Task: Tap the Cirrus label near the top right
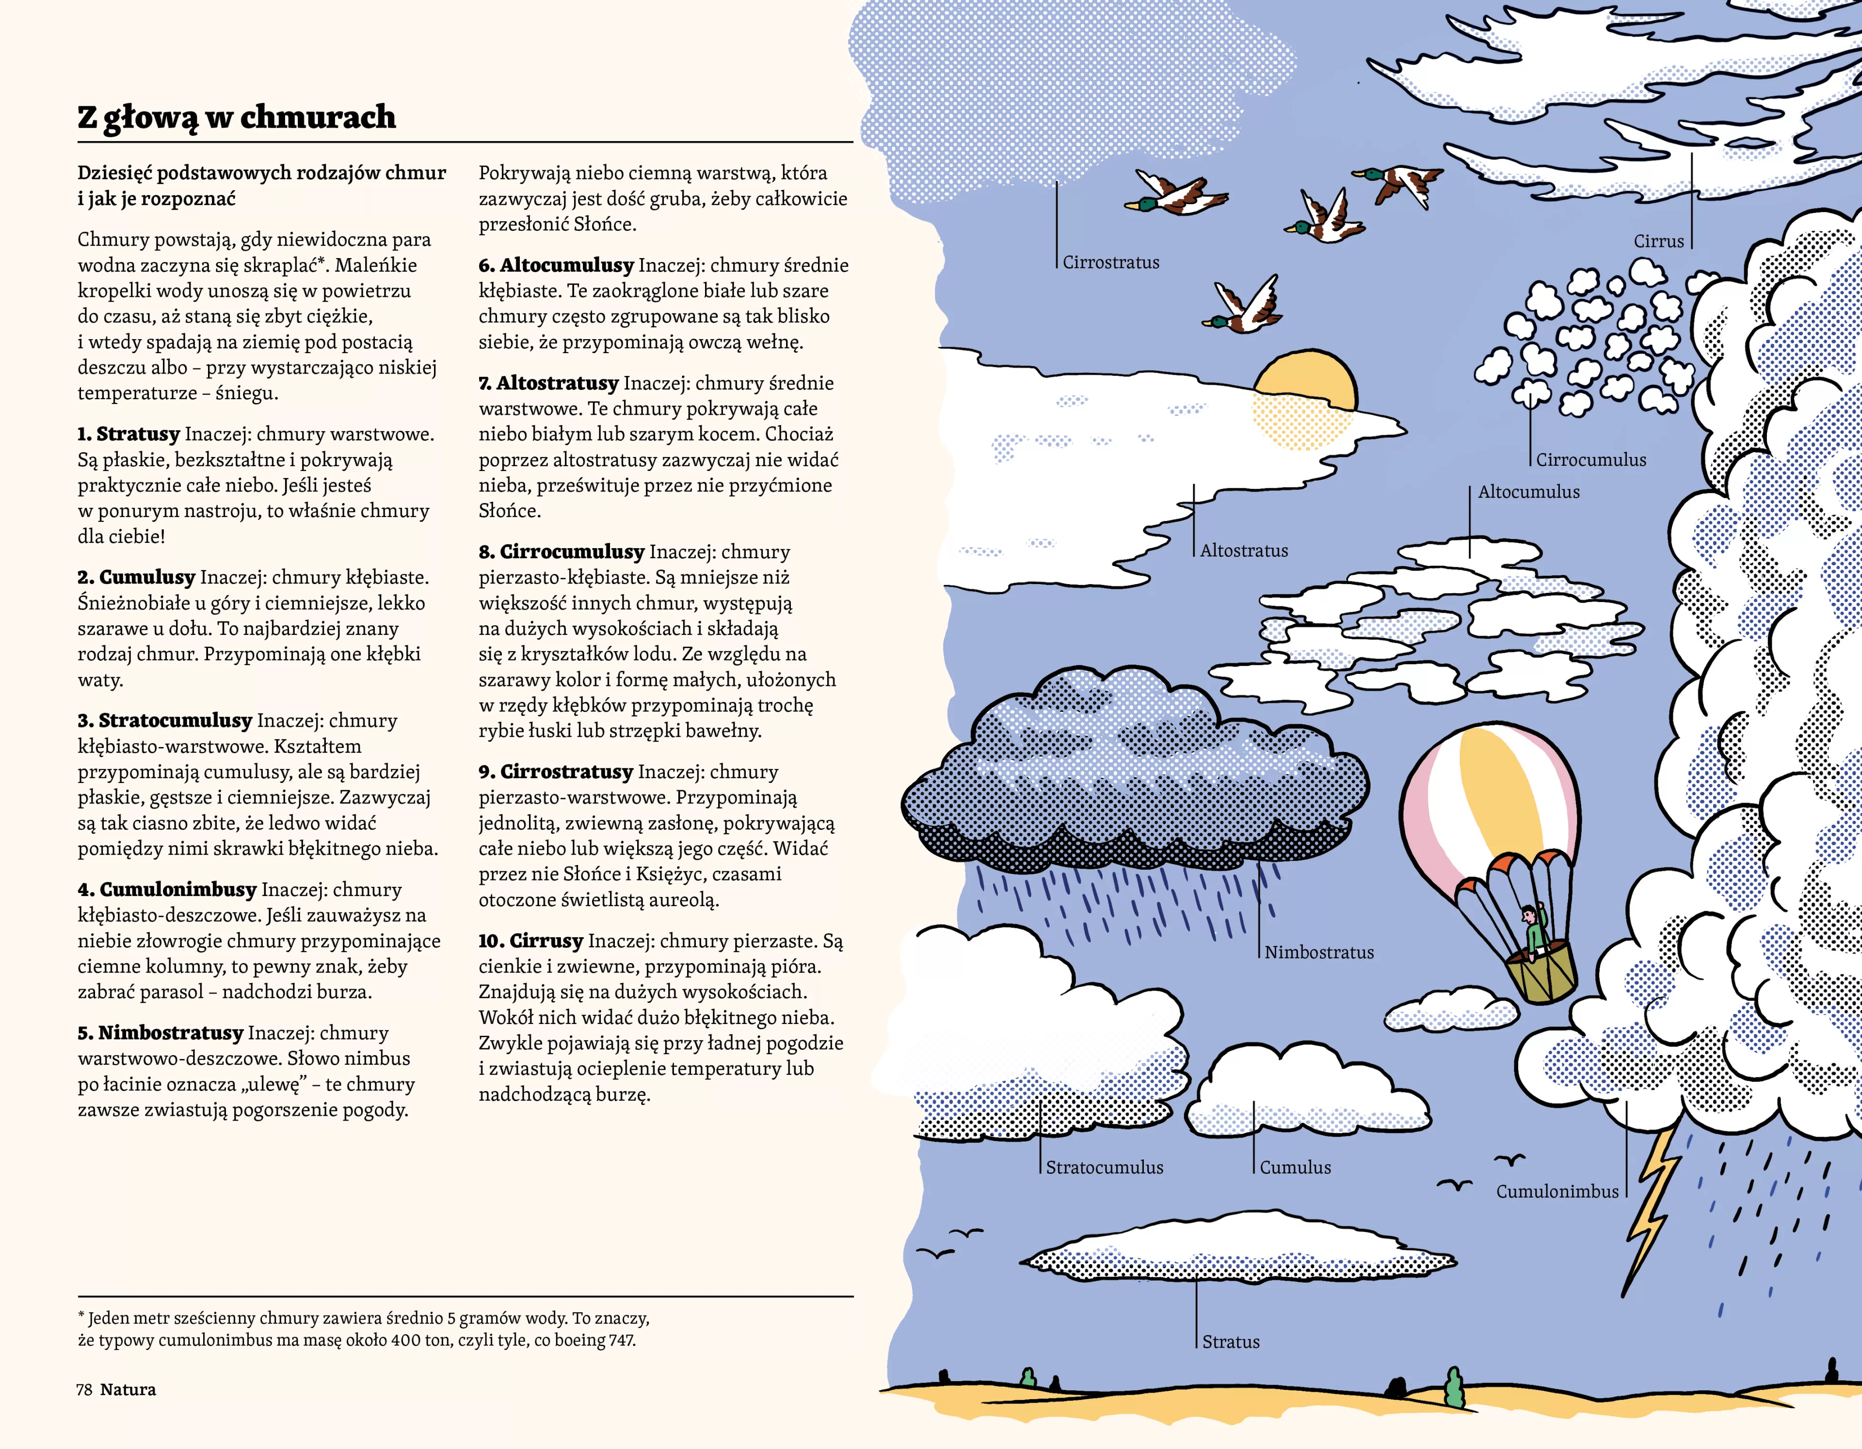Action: [x=1658, y=242]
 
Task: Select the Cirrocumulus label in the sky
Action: [x=1591, y=460]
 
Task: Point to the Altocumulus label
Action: [x=1529, y=492]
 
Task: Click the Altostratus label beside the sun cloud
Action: [x=1244, y=551]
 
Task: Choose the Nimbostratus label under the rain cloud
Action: [x=1319, y=953]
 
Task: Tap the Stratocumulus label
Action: [x=1104, y=1168]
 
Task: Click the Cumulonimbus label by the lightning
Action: [x=1557, y=1191]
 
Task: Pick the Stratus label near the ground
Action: [x=1230, y=1341]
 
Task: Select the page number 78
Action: [x=83, y=1389]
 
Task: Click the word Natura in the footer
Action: [x=128, y=1389]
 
